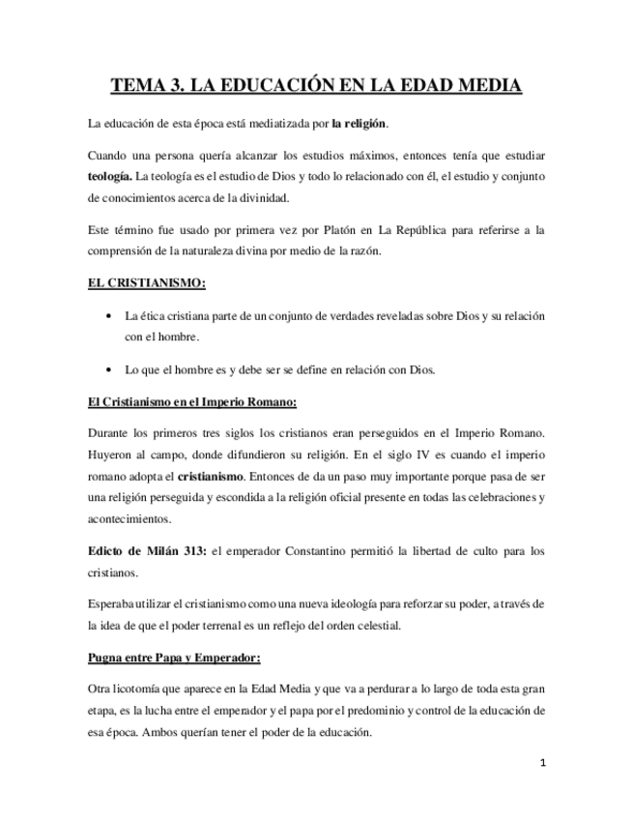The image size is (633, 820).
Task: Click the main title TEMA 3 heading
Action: pos(316,86)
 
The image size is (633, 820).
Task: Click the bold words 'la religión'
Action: pos(360,125)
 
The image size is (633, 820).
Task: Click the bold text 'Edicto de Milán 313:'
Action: pos(145,551)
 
